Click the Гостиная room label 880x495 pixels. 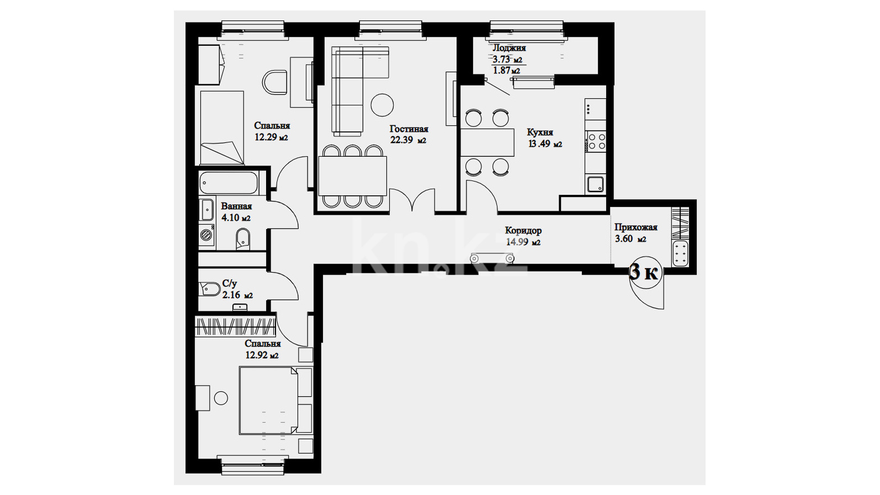(409, 129)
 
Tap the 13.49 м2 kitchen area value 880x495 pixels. (545, 143)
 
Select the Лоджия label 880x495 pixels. (509, 48)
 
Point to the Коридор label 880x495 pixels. (523, 231)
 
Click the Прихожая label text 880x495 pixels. (635, 227)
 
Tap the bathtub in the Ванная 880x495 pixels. (228, 183)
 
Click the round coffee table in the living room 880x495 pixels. (382, 104)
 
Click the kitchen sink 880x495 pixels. (596, 184)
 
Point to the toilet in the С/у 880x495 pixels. (209, 289)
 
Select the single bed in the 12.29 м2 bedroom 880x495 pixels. (222, 127)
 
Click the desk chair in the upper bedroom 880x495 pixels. (274, 82)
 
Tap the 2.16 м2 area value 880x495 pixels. (238, 295)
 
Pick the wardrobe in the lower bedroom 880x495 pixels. (235, 326)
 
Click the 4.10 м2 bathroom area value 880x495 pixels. (236, 217)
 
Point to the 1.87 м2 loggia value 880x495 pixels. (506, 71)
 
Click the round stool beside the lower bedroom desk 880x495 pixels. (221, 398)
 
